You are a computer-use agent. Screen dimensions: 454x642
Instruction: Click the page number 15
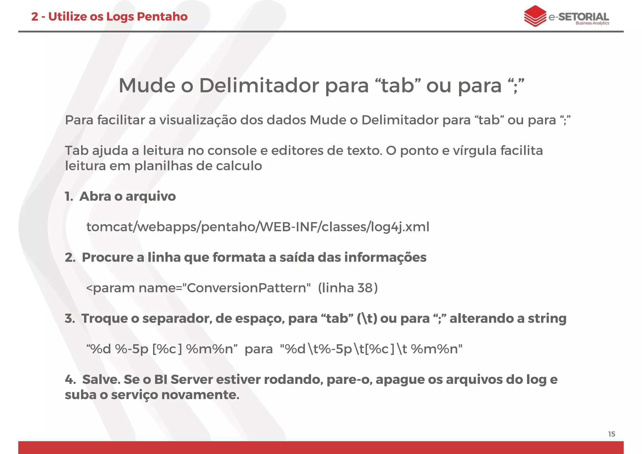coord(611,434)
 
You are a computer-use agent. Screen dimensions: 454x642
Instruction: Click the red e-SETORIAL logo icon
coord(535,16)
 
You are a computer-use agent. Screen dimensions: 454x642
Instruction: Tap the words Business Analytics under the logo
coord(592,23)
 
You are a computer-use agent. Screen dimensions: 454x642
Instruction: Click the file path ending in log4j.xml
coord(258,227)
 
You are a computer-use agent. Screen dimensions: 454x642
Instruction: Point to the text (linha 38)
coord(348,288)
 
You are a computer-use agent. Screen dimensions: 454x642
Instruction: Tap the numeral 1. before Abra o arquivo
coord(69,196)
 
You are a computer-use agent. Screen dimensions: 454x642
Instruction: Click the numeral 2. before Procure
coord(70,258)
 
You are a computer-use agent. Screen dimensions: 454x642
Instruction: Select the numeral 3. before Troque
coord(70,318)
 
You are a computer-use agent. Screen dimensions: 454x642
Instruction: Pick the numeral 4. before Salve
coord(70,380)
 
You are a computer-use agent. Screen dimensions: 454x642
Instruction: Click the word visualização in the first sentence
coord(198,120)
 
